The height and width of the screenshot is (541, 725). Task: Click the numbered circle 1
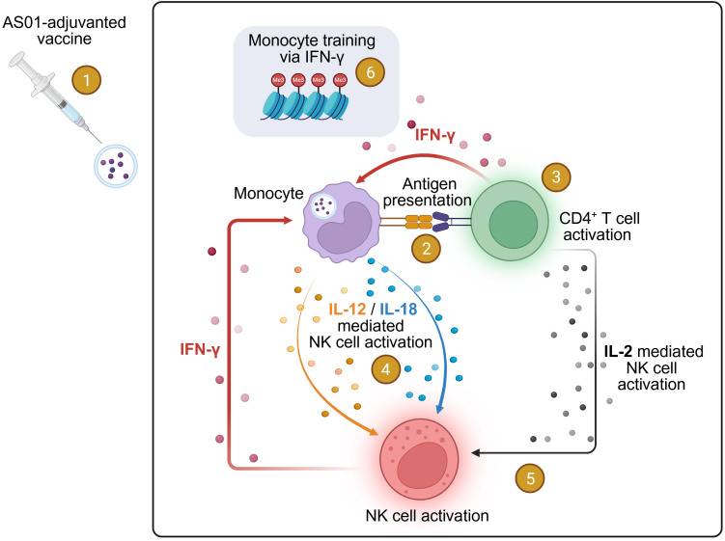pos(86,80)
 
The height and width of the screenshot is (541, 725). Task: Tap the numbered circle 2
pos(426,249)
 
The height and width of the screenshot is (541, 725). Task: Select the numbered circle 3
pos(556,176)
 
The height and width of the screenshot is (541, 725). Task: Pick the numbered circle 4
pos(385,369)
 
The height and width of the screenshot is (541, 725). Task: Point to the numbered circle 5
pos(530,477)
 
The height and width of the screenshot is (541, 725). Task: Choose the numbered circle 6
pos(370,72)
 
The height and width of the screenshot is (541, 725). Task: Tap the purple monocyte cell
pos(341,222)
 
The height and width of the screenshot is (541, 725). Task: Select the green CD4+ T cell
pos(510,220)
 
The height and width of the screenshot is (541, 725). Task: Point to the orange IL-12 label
pos(347,310)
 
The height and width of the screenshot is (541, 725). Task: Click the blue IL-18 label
pos(398,310)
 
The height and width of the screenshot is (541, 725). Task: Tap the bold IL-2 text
pos(618,352)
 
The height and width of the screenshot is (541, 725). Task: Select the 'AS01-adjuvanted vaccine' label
pos(65,30)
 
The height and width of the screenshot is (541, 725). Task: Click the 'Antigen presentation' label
pos(428,192)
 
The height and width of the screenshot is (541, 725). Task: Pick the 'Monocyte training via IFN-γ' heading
pos(312,48)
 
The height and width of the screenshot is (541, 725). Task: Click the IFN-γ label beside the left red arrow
pos(200,349)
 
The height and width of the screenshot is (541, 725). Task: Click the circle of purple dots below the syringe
pos(116,166)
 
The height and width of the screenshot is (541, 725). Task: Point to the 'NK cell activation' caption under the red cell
pos(427,516)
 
